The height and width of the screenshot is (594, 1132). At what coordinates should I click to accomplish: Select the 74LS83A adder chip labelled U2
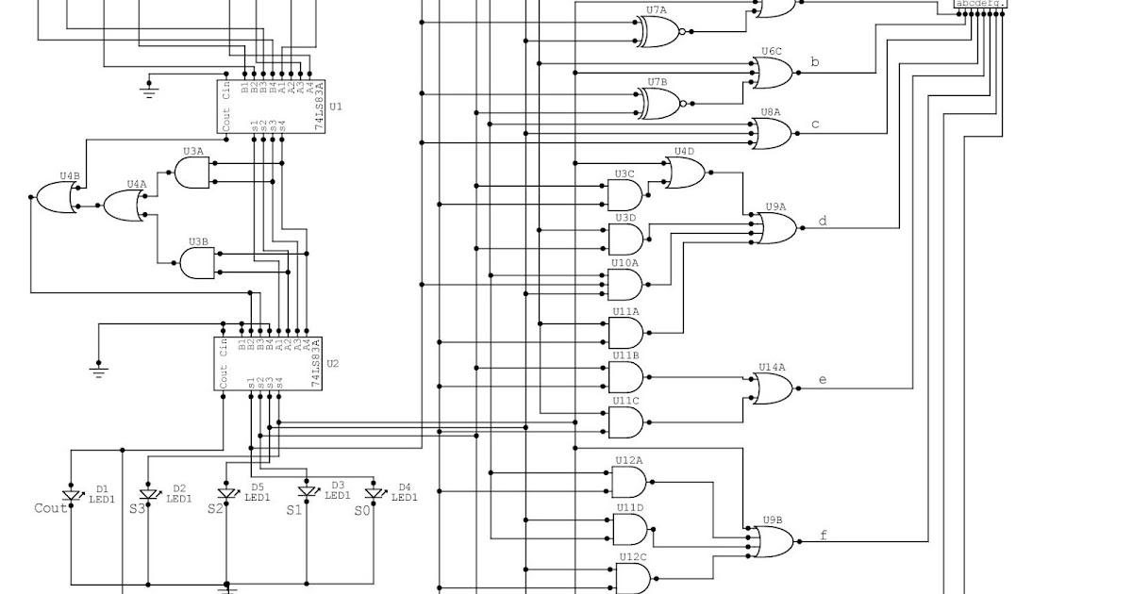pos(269,363)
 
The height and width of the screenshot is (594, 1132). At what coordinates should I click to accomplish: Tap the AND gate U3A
pos(192,173)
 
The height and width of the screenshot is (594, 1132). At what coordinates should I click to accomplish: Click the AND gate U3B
pos(197,263)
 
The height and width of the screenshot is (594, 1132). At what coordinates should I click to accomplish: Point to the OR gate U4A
pos(124,206)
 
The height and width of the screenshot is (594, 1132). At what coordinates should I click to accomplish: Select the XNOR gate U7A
pos(661,31)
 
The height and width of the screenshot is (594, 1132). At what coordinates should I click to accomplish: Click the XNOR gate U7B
pos(661,103)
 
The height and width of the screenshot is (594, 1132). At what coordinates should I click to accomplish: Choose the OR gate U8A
pos(774,134)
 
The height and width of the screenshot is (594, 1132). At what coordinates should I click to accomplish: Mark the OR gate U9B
pos(774,541)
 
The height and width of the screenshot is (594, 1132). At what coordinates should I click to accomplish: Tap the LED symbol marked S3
pos(148,495)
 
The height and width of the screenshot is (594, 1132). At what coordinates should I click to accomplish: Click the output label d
pos(822,222)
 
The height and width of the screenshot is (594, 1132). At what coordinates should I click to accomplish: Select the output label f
pos(823,536)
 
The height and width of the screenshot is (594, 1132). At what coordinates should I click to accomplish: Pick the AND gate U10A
pos(625,284)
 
